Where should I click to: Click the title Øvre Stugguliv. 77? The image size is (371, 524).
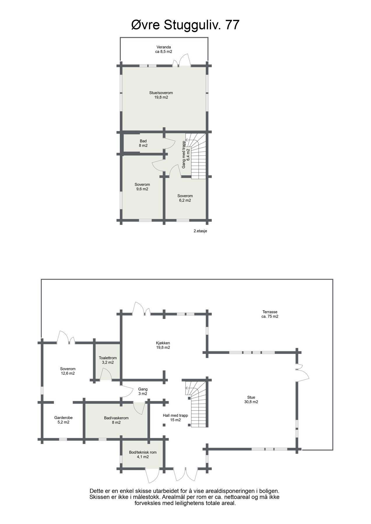pyautogui.click(x=185, y=25)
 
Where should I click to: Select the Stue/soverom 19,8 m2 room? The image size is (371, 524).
pyautogui.click(x=161, y=95)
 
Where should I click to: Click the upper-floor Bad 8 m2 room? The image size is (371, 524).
pyautogui.click(x=143, y=143)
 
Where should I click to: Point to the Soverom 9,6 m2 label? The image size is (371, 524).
pyautogui.click(x=142, y=187)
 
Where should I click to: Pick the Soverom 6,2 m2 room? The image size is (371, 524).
pyautogui.click(x=185, y=198)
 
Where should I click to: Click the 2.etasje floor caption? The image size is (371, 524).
pyautogui.click(x=200, y=231)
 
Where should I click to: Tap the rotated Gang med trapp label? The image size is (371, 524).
pyautogui.click(x=186, y=154)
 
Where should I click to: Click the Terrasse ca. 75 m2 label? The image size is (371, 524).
pyautogui.click(x=270, y=314)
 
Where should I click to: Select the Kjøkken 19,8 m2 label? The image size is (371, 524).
pyautogui.click(x=163, y=345)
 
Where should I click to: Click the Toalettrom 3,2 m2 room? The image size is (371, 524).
pyautogui.click(x=108, y=360)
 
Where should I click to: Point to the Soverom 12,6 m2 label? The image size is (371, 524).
pyautogui.click(x=68, y=371)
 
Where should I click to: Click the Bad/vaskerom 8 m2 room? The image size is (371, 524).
pyautogui.click(x=116, y=420)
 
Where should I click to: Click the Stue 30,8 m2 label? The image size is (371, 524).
pyautogui.click(x=251, y=399)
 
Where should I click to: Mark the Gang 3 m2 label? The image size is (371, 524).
pyautogui.click(x=143, y=391)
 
